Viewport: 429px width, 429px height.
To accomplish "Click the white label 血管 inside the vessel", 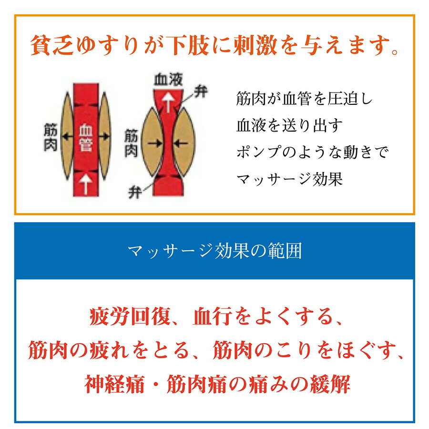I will click(x=86, y=137).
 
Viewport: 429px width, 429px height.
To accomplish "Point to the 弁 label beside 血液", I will click(x=201, y=92).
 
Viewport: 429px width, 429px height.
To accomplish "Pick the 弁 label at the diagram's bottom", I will click(x=134, y=193).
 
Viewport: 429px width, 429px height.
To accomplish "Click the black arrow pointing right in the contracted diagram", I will click(x=153, y=142).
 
